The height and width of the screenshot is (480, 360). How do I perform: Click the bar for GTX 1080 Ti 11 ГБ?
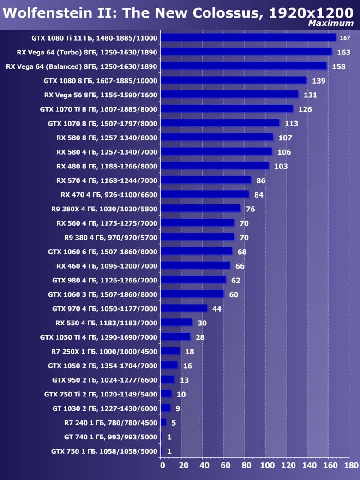click(248, 37)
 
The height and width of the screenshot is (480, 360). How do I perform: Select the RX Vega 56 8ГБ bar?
click(229, 95)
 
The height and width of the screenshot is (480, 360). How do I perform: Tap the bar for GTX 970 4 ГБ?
click(184, 308)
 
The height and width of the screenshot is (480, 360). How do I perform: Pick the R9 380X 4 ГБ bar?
click(201, 209)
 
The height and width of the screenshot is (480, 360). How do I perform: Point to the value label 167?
click(345, 38)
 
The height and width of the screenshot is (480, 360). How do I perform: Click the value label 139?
click(318, 81)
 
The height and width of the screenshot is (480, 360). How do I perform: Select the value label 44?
click(216, 309)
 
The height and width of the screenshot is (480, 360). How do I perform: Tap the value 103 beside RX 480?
click(281, 166)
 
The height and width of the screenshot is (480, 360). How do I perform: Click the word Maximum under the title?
click(330, 23)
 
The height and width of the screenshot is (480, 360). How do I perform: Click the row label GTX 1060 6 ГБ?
click(102, 252)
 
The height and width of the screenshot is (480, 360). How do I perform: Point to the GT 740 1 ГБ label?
click(111, 437)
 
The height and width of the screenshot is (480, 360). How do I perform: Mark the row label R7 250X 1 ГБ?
click(104, 351)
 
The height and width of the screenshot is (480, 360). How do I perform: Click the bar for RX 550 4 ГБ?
click(177, 323)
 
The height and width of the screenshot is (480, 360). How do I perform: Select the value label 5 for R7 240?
click(174, 423)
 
